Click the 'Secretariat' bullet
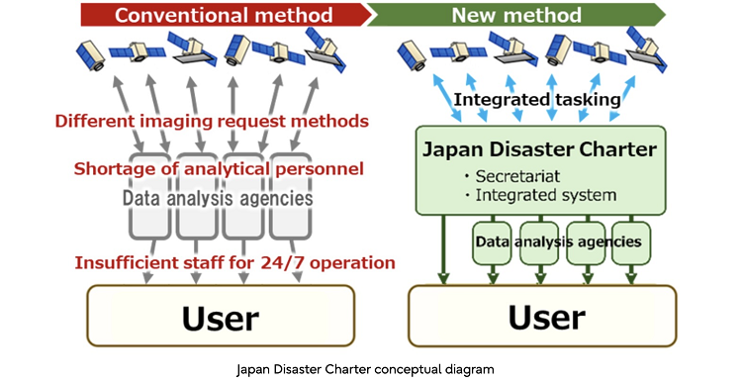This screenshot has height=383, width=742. [x=525, y=176]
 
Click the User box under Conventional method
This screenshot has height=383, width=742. [x=219, y=318]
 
